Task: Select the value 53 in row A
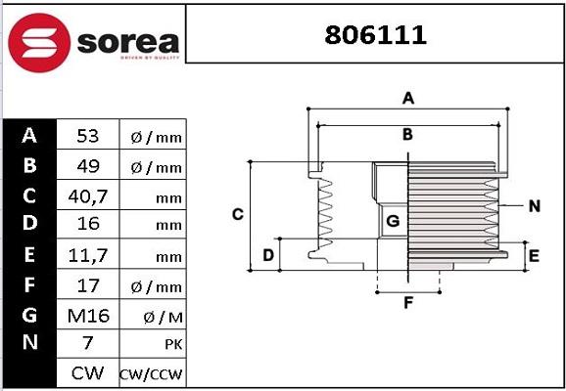tap(88, 136)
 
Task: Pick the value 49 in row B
tap(88, 166)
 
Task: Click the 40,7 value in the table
tap(88, 195)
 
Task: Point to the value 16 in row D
tap(88, 225)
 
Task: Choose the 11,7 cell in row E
tap(88, 255)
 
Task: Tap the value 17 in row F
tap(88, 285)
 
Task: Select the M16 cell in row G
tap(88, 315)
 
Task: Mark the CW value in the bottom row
tap(88, 373)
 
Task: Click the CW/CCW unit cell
tap(151, 374)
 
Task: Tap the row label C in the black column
tap(29, 195)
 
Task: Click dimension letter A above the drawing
tap(408, 98)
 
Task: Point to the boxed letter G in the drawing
tap(393, 222)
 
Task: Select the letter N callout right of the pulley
tap(534, 205)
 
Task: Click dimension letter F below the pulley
tap(408, 302)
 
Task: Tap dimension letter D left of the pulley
tap(267, 256)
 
